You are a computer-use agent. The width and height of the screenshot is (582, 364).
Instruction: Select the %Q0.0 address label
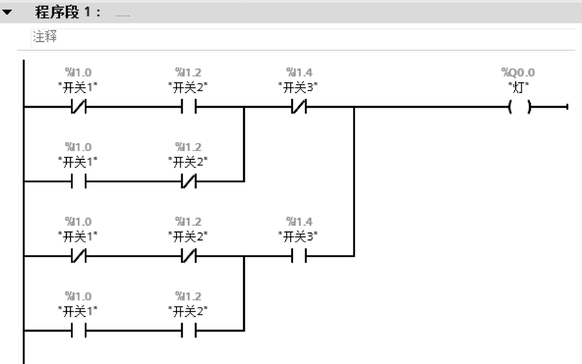(518, 73)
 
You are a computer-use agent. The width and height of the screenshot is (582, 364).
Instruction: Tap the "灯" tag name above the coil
(518, 88)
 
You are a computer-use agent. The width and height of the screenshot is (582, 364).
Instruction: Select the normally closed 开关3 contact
(298, 108)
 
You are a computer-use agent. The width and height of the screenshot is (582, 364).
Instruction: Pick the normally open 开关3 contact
(298, 256)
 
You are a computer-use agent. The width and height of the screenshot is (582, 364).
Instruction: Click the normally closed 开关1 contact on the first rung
(78, 108)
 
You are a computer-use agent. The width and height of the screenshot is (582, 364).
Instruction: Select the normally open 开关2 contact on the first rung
(188, 108)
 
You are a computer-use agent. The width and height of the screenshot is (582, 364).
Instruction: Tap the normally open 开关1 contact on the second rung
(78, 182)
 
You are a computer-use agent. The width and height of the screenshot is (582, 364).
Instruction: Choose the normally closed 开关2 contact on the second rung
(188, 182)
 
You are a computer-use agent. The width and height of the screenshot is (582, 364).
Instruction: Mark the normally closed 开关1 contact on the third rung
(78, 256)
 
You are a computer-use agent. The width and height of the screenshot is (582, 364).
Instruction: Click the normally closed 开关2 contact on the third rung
(188, 256)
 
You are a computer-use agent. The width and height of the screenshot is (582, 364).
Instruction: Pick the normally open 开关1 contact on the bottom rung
(78, 330)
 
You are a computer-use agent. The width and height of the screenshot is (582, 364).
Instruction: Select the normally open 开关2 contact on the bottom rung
(188, 330)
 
